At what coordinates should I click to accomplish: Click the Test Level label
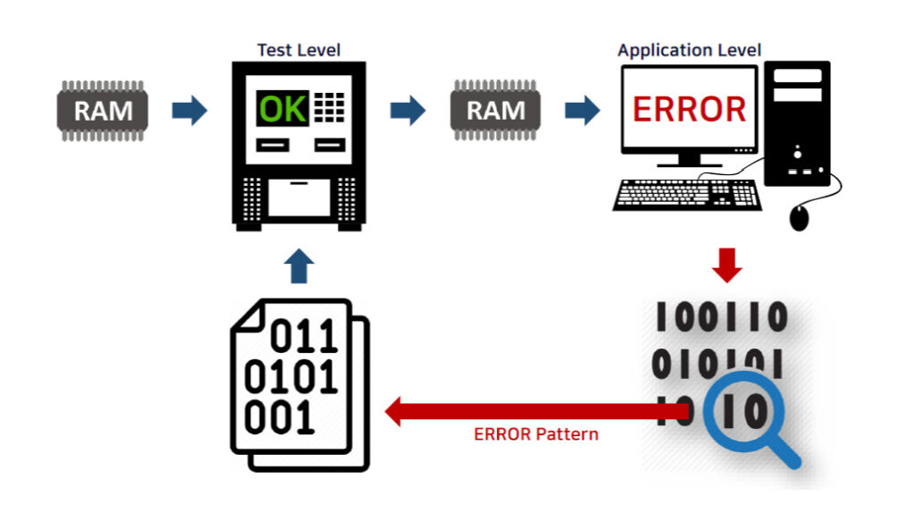point(298,50)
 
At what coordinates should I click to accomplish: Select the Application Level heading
point(689,50)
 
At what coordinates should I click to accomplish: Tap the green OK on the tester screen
point(282,109)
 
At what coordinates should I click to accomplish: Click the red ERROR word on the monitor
point(689,109)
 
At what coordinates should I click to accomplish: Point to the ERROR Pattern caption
point(536,435)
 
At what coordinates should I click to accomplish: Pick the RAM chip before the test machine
point(104,111)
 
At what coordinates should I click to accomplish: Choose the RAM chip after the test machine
point(496,111)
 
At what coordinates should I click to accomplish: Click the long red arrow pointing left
point(536,412)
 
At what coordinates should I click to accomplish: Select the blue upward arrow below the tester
point(300,265)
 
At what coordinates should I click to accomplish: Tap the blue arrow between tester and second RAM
point(407,111)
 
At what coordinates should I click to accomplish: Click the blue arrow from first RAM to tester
point(189,111)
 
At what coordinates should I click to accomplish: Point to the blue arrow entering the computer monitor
point(582,111)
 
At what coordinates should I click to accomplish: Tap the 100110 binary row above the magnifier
point(722,317)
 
